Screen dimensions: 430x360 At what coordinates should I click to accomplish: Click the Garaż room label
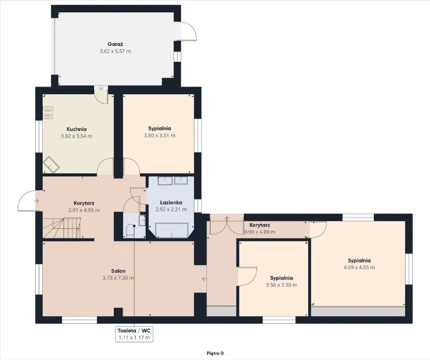115,44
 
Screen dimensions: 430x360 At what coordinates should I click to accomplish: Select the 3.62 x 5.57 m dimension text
115,51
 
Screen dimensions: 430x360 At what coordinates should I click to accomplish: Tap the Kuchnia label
76,129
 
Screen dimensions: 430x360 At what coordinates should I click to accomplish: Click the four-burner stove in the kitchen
48,113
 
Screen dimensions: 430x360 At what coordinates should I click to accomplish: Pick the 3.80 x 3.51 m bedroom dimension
160,135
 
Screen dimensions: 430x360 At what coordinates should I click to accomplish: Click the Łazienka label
171,203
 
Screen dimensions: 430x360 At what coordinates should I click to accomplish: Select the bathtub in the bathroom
172,229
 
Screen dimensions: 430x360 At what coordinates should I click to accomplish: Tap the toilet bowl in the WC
129,231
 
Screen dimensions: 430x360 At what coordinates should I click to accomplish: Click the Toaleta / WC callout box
134,334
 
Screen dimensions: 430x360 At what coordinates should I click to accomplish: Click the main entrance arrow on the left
37,201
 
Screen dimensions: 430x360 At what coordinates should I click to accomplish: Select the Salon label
118,271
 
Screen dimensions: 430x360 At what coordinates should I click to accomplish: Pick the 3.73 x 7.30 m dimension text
118,278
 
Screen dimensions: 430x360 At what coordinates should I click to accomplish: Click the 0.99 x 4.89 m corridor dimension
260,232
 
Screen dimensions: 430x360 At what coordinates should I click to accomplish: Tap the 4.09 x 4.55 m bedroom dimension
359,268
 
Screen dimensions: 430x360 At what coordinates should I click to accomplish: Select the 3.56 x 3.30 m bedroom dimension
281,285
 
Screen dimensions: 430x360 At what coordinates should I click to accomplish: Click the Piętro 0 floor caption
215,354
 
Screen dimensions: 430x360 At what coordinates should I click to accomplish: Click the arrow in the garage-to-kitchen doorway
101,88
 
